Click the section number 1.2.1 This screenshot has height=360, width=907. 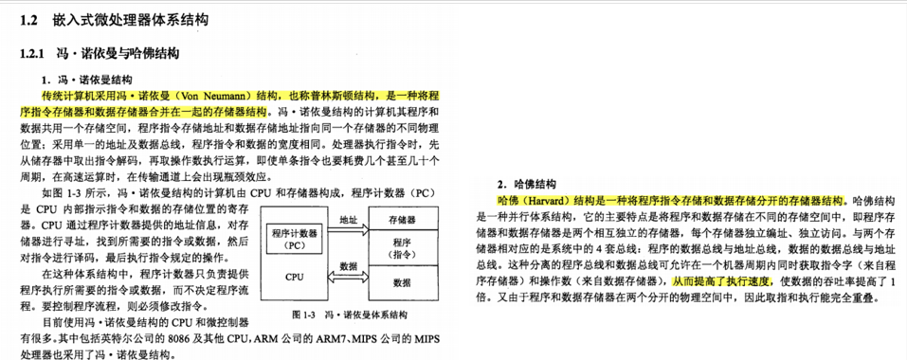coord(34,52)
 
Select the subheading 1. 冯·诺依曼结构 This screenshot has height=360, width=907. coord(87,79)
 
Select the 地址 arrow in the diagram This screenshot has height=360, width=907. coord(348,225)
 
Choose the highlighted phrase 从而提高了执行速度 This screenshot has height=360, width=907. coord(722,281)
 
